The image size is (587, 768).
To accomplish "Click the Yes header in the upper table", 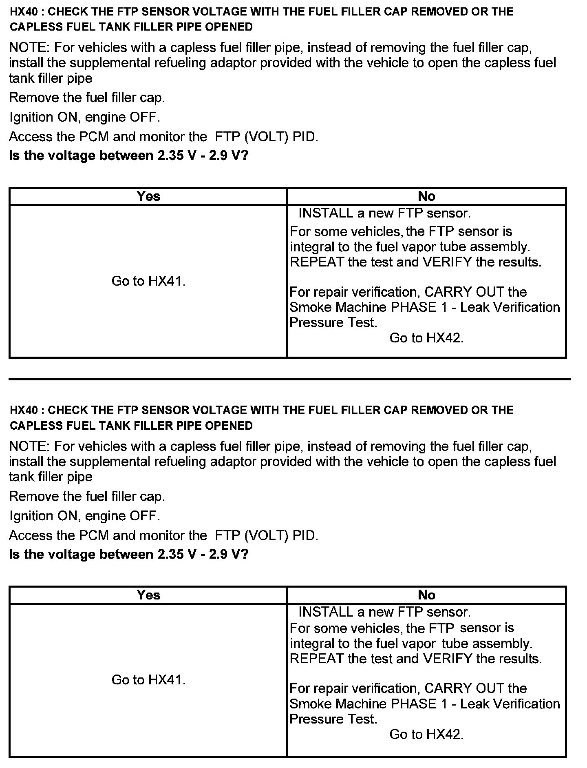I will coord(148,196).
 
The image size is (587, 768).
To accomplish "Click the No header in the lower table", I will coord(426,595).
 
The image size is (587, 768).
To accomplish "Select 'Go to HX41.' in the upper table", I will coord(148,281).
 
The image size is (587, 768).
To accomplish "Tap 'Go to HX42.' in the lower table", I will coord(426,734).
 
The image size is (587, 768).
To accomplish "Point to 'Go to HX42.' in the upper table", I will coord(426,338).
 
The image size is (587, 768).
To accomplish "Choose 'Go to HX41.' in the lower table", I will coord(148,680).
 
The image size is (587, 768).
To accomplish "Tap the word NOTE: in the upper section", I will coord(29,48).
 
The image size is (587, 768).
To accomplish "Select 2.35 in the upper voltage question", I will coord(171,156).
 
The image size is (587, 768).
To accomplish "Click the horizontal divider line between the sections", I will coord(289,380).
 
